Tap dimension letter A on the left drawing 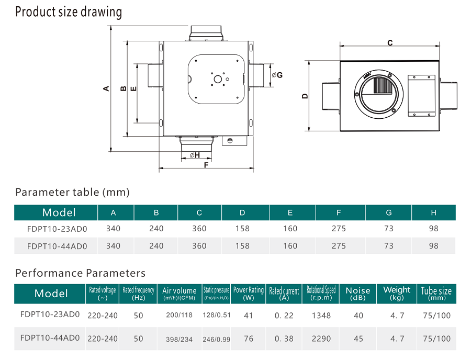point(106,88)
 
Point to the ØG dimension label point(277,75)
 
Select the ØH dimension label point(195,155)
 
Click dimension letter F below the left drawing point(206,165)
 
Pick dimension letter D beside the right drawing point(305,96)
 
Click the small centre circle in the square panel point(217,79)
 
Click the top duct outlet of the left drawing point(207,32)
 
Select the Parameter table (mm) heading point(72,192)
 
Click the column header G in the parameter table point(388,212)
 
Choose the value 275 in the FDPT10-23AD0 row point(339,229)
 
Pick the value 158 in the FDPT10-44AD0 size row point(242,245)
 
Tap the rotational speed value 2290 point(321,339)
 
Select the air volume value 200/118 point(180,316)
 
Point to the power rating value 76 point(249,339)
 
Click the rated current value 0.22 point(284,316)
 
